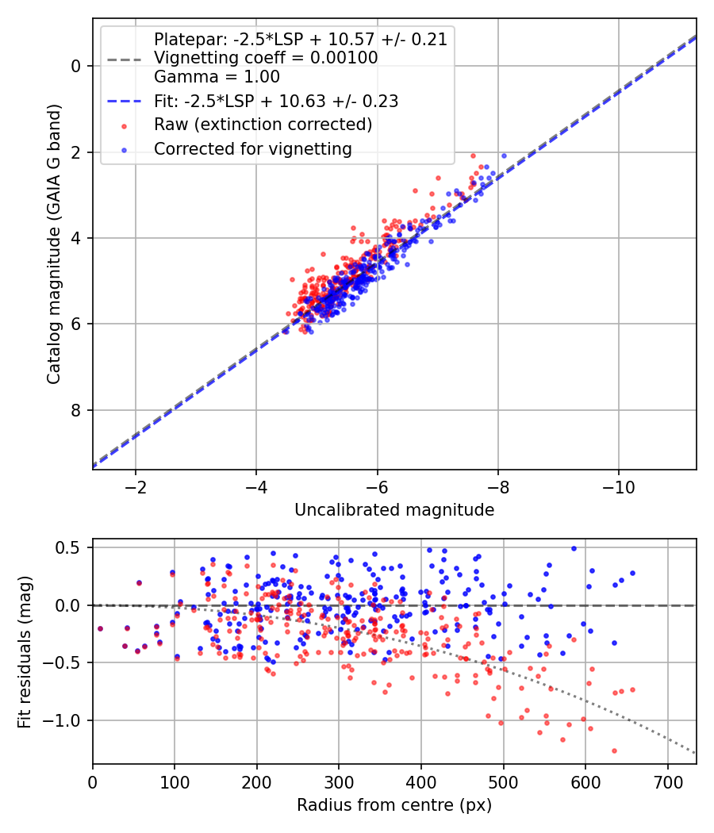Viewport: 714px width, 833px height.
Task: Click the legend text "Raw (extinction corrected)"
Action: click(x=263, y=125)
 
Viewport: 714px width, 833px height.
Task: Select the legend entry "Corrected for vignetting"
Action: click(x=252, y=148)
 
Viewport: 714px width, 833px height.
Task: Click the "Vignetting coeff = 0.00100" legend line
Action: click(x=266, y=58)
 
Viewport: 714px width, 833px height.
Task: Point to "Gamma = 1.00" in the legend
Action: click(x=217, y=77)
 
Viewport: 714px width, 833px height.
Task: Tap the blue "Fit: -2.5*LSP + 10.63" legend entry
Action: click(x=275, y=101)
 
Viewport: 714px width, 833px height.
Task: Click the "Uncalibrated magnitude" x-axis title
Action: click(x=394, y=510)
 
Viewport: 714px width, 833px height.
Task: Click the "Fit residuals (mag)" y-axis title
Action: click(x=25, y=651)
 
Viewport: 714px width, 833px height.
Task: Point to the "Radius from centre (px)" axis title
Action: click(x=394, y=805)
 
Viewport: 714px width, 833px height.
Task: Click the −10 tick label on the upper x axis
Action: click(x=619, y=486)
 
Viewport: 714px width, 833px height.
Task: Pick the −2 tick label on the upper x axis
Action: click(x=135, y=486)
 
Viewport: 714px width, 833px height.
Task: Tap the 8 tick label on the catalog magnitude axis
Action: click(x=76, y=410)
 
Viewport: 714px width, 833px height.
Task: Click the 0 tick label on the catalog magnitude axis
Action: click(x=76, y=66)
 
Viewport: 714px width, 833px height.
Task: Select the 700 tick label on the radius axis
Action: click(x=667, y=781)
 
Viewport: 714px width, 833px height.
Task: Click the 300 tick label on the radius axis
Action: click(x=339, y=781)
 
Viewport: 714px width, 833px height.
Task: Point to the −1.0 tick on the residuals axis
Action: click(x=66, y=720)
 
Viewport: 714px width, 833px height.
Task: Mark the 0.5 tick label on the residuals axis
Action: click(x=70, y=547)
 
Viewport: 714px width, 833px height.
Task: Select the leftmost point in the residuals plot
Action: click(x=100, y=628)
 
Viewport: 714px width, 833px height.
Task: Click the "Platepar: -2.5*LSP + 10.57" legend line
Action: click(x=300, y=39)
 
